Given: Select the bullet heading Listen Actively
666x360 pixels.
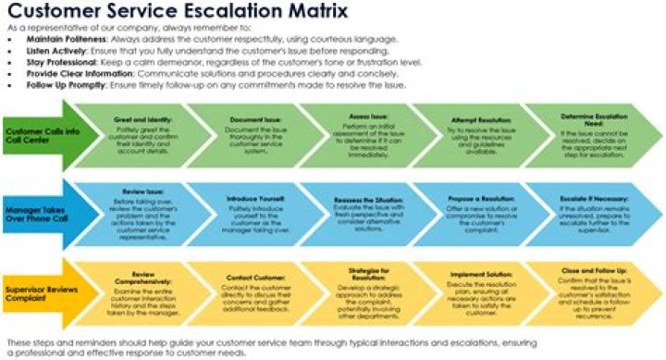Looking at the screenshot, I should (x=56, y=52).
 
